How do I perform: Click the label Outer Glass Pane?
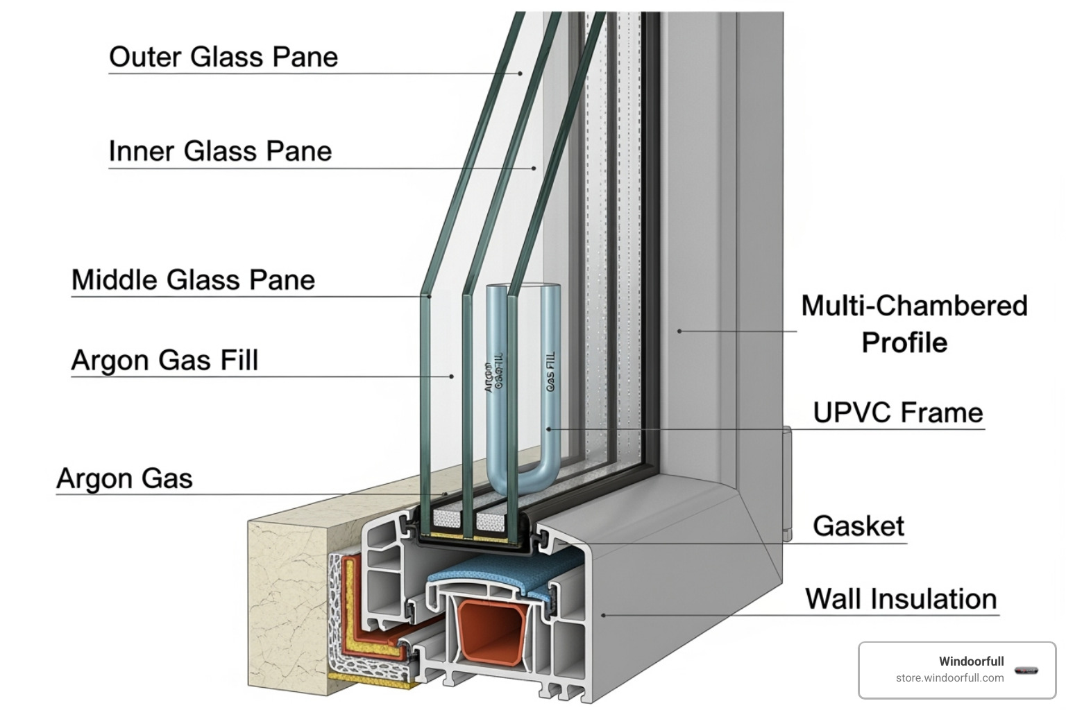223,57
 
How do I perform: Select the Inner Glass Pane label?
220,151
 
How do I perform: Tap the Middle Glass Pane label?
193,280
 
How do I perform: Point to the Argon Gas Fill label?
164,361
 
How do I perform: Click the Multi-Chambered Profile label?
913,324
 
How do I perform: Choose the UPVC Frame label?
898,413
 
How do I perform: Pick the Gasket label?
858,526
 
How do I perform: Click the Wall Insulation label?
901,599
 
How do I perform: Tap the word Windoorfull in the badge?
971,661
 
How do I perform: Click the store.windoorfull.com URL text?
949,678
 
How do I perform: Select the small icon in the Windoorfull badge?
1026,670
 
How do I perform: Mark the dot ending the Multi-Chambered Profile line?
679,331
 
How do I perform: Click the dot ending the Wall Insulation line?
603,615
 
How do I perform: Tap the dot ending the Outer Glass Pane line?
521,73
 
